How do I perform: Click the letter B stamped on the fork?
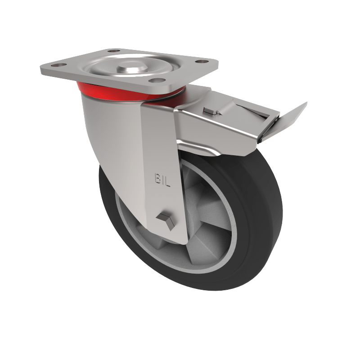point(157,179)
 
